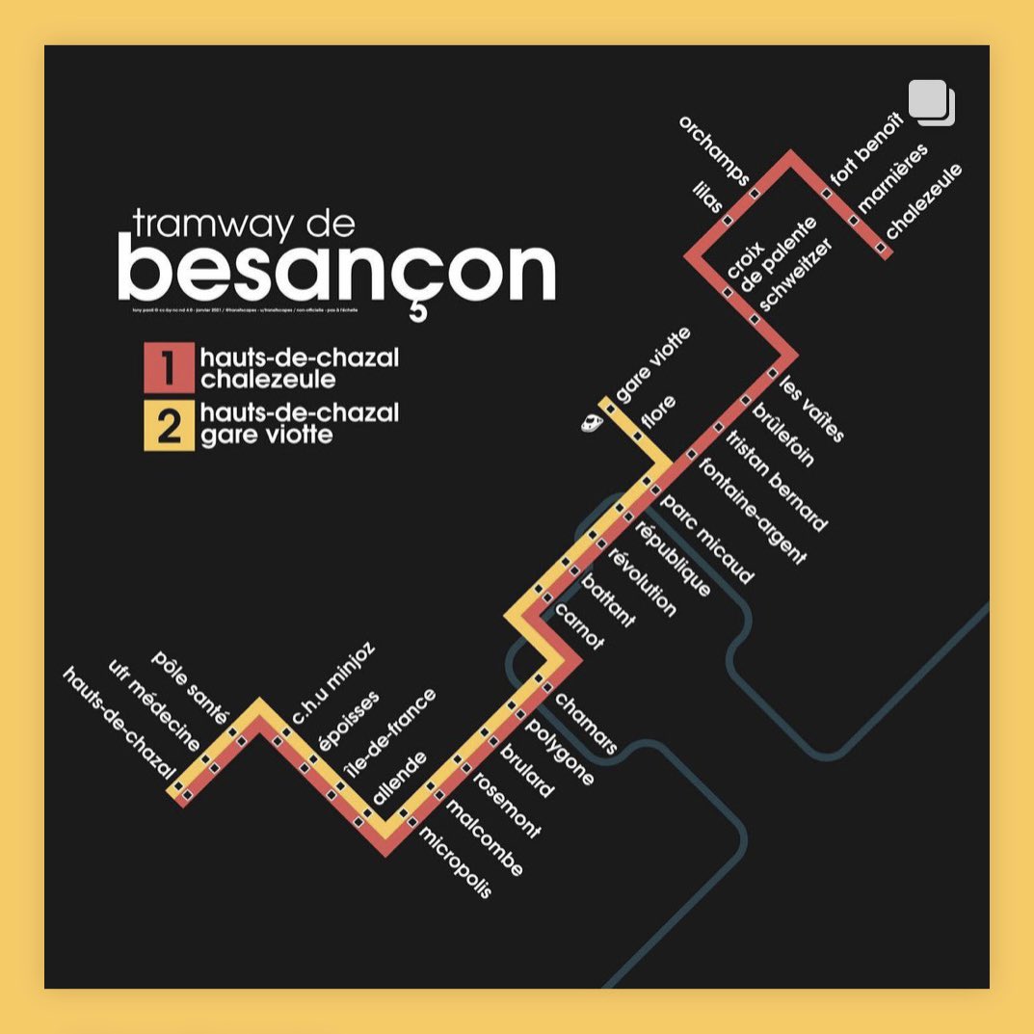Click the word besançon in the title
tap(336, 272)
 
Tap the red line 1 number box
tap(169, 368)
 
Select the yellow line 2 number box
tap(169, 426)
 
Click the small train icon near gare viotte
tap(590, 422)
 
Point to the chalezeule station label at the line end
tap(923, 201)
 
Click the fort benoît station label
tap(866, 149)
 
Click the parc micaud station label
tap(706, 541)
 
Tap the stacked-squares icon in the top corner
tap(931, 102)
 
